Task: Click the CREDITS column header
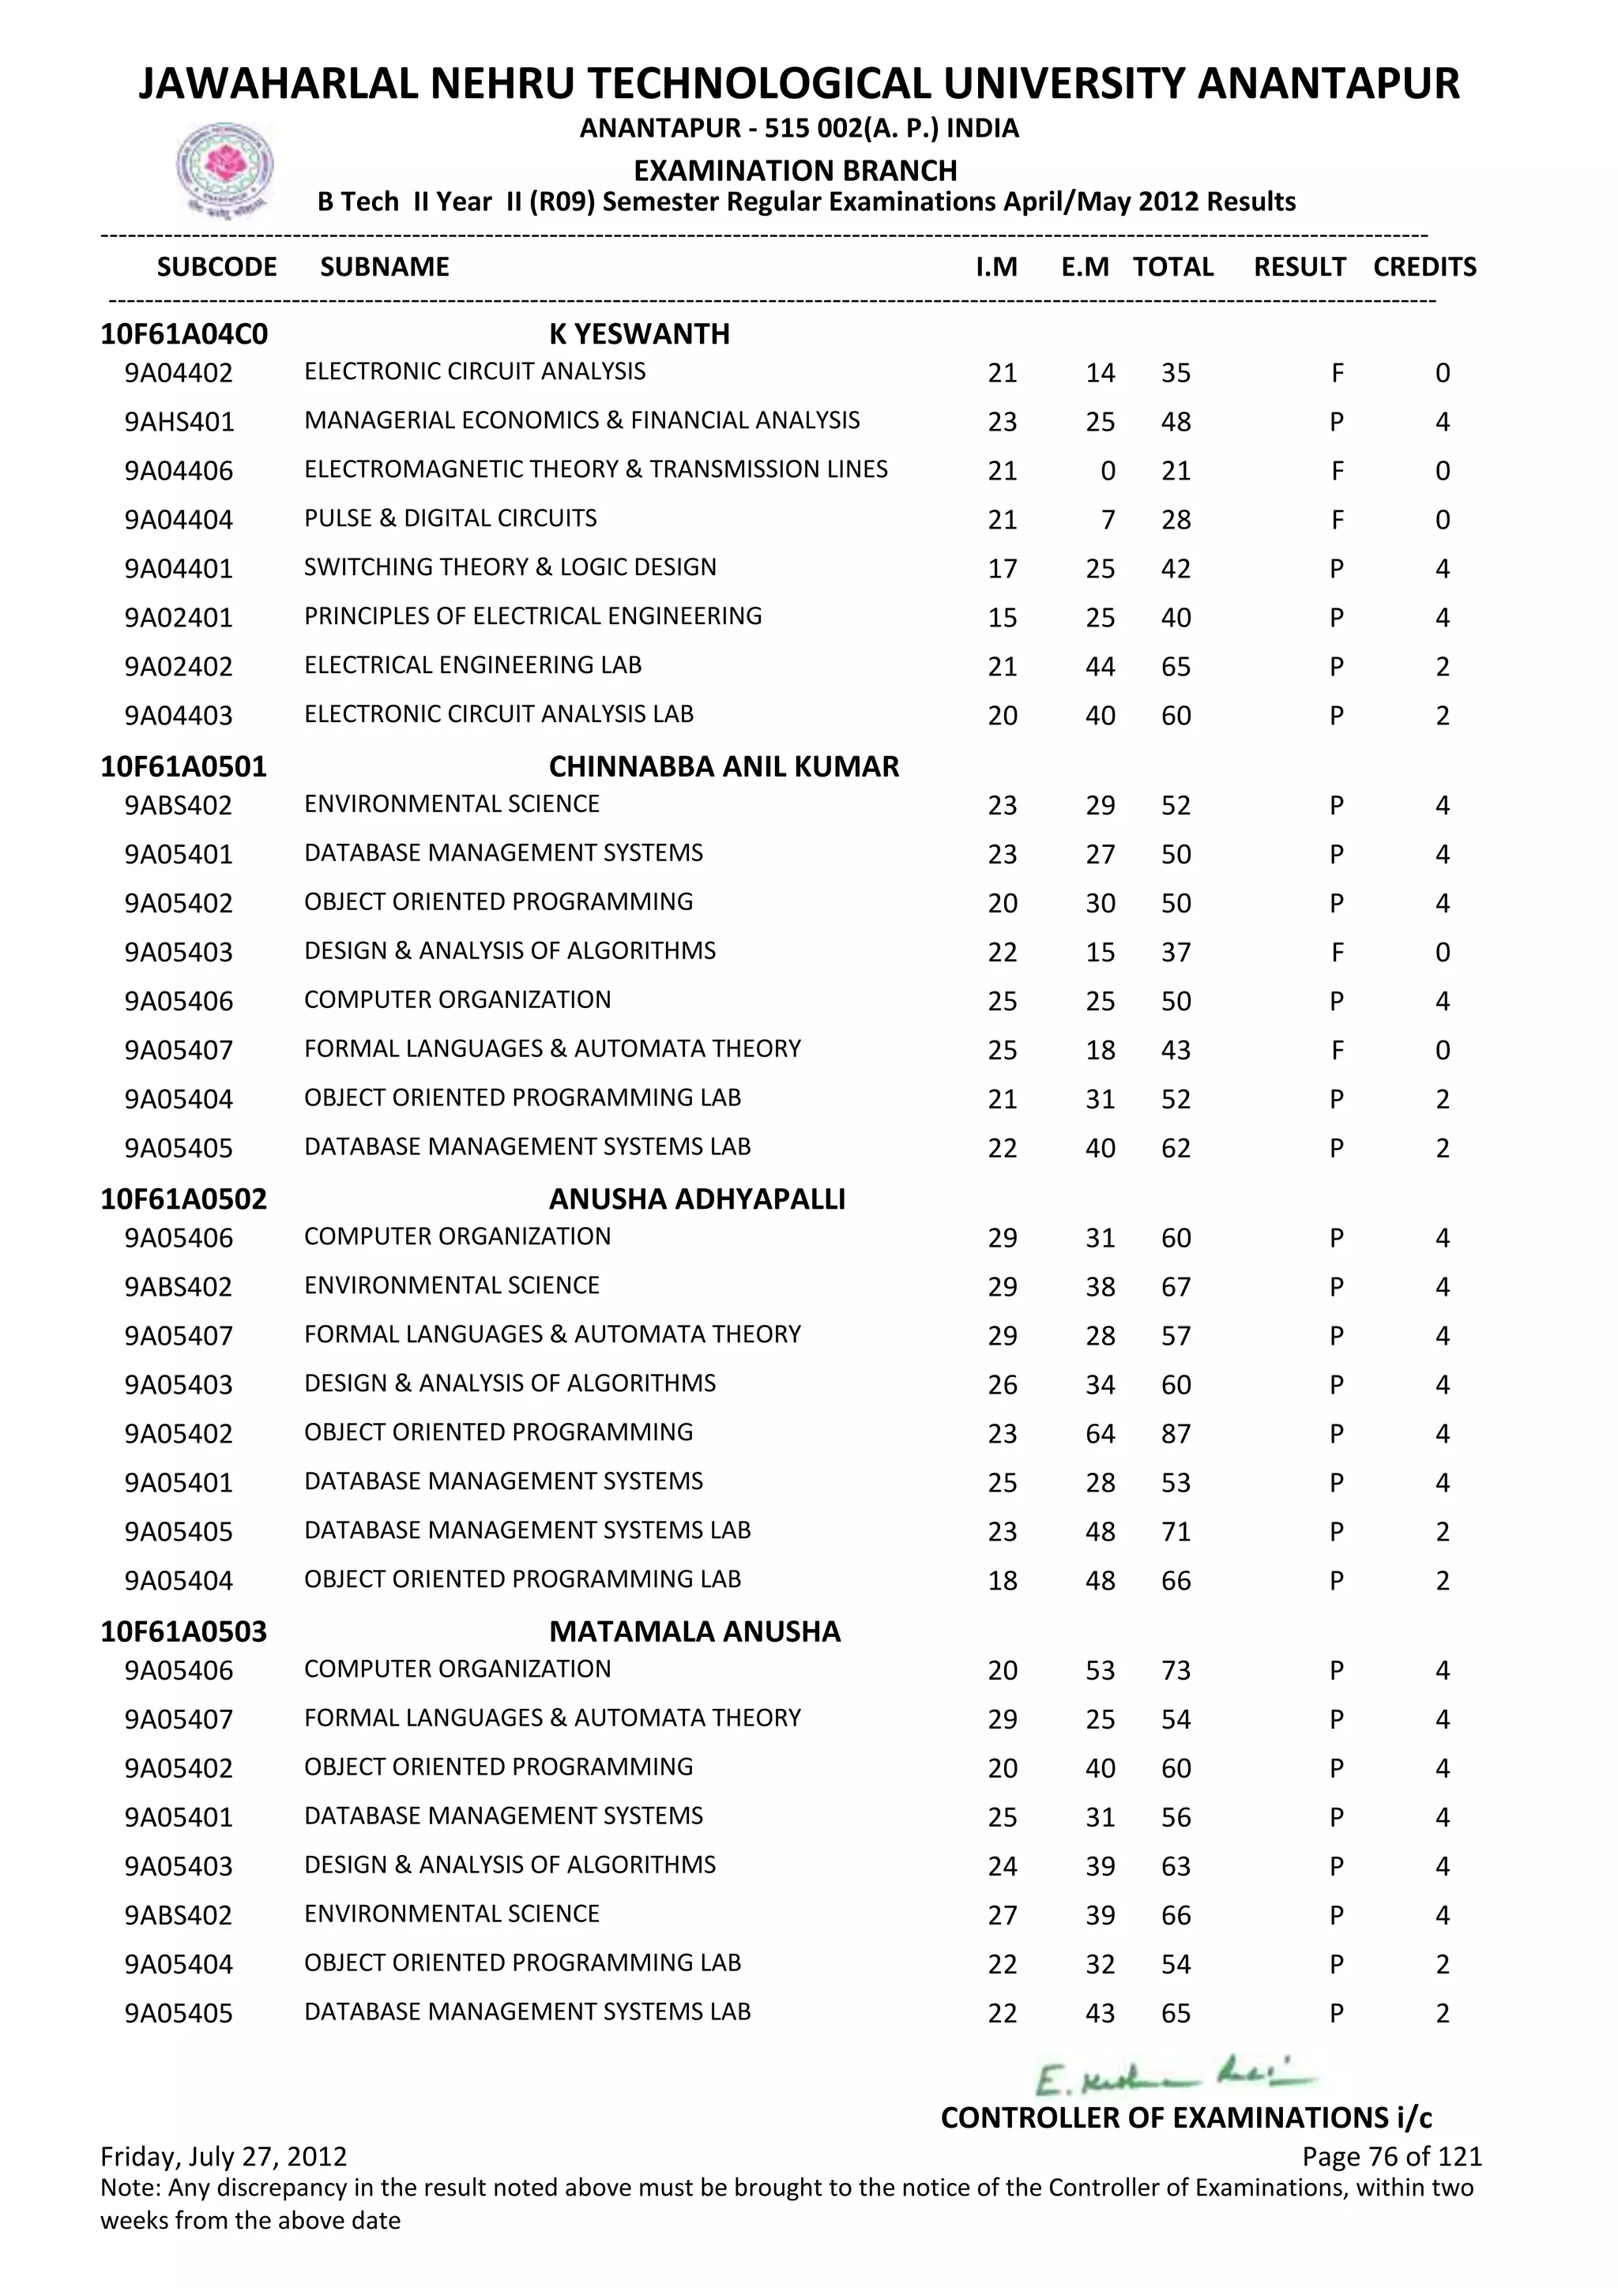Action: (x=1424, y=267)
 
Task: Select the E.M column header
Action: (x=1084, y=267)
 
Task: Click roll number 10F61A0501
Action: (x=183, y=766)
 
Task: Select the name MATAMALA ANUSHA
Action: (x=694, y=1631)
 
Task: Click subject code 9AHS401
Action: (x=179, y=422)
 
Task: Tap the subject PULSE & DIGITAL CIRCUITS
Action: (x=450, y=518)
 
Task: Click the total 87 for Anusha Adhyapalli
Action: (x=1176, y=1434)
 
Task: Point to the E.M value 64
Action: (x=1100, y=1434)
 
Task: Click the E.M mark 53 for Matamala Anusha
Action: (x=1100, y=1670)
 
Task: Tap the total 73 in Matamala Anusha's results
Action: (x=1176, y=1670)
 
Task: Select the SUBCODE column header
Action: (x=216, y=267)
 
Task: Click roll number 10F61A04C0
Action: (x=183, y=334)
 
